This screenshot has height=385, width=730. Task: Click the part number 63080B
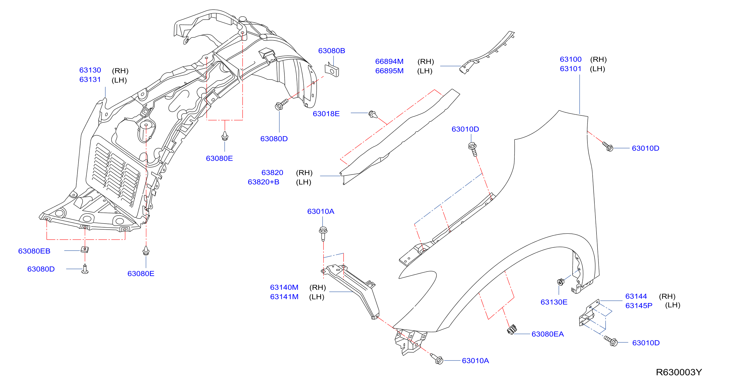pyautogui.click(x=332, y=51)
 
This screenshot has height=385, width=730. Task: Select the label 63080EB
pyautogui.click(x=34, y=251)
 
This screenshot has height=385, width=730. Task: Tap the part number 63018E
pyautogui.click(x=326, y=114)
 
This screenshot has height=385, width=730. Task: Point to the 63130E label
pyautogui.click(x=554, y=302)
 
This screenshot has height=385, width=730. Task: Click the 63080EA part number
pyautogui.click(x=548, y=334)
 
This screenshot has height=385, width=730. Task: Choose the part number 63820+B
pyautogui.click(x=264, y=182)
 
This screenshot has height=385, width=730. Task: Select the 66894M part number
pyautogui.click(x=389, y=61)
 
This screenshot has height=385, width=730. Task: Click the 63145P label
pyautogui.click(x=639, y=306)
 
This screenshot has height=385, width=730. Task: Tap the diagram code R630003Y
pyautogui.click(x=679, y=372)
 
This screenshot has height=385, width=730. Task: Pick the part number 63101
pyautogui.click(x=571, y=69)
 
